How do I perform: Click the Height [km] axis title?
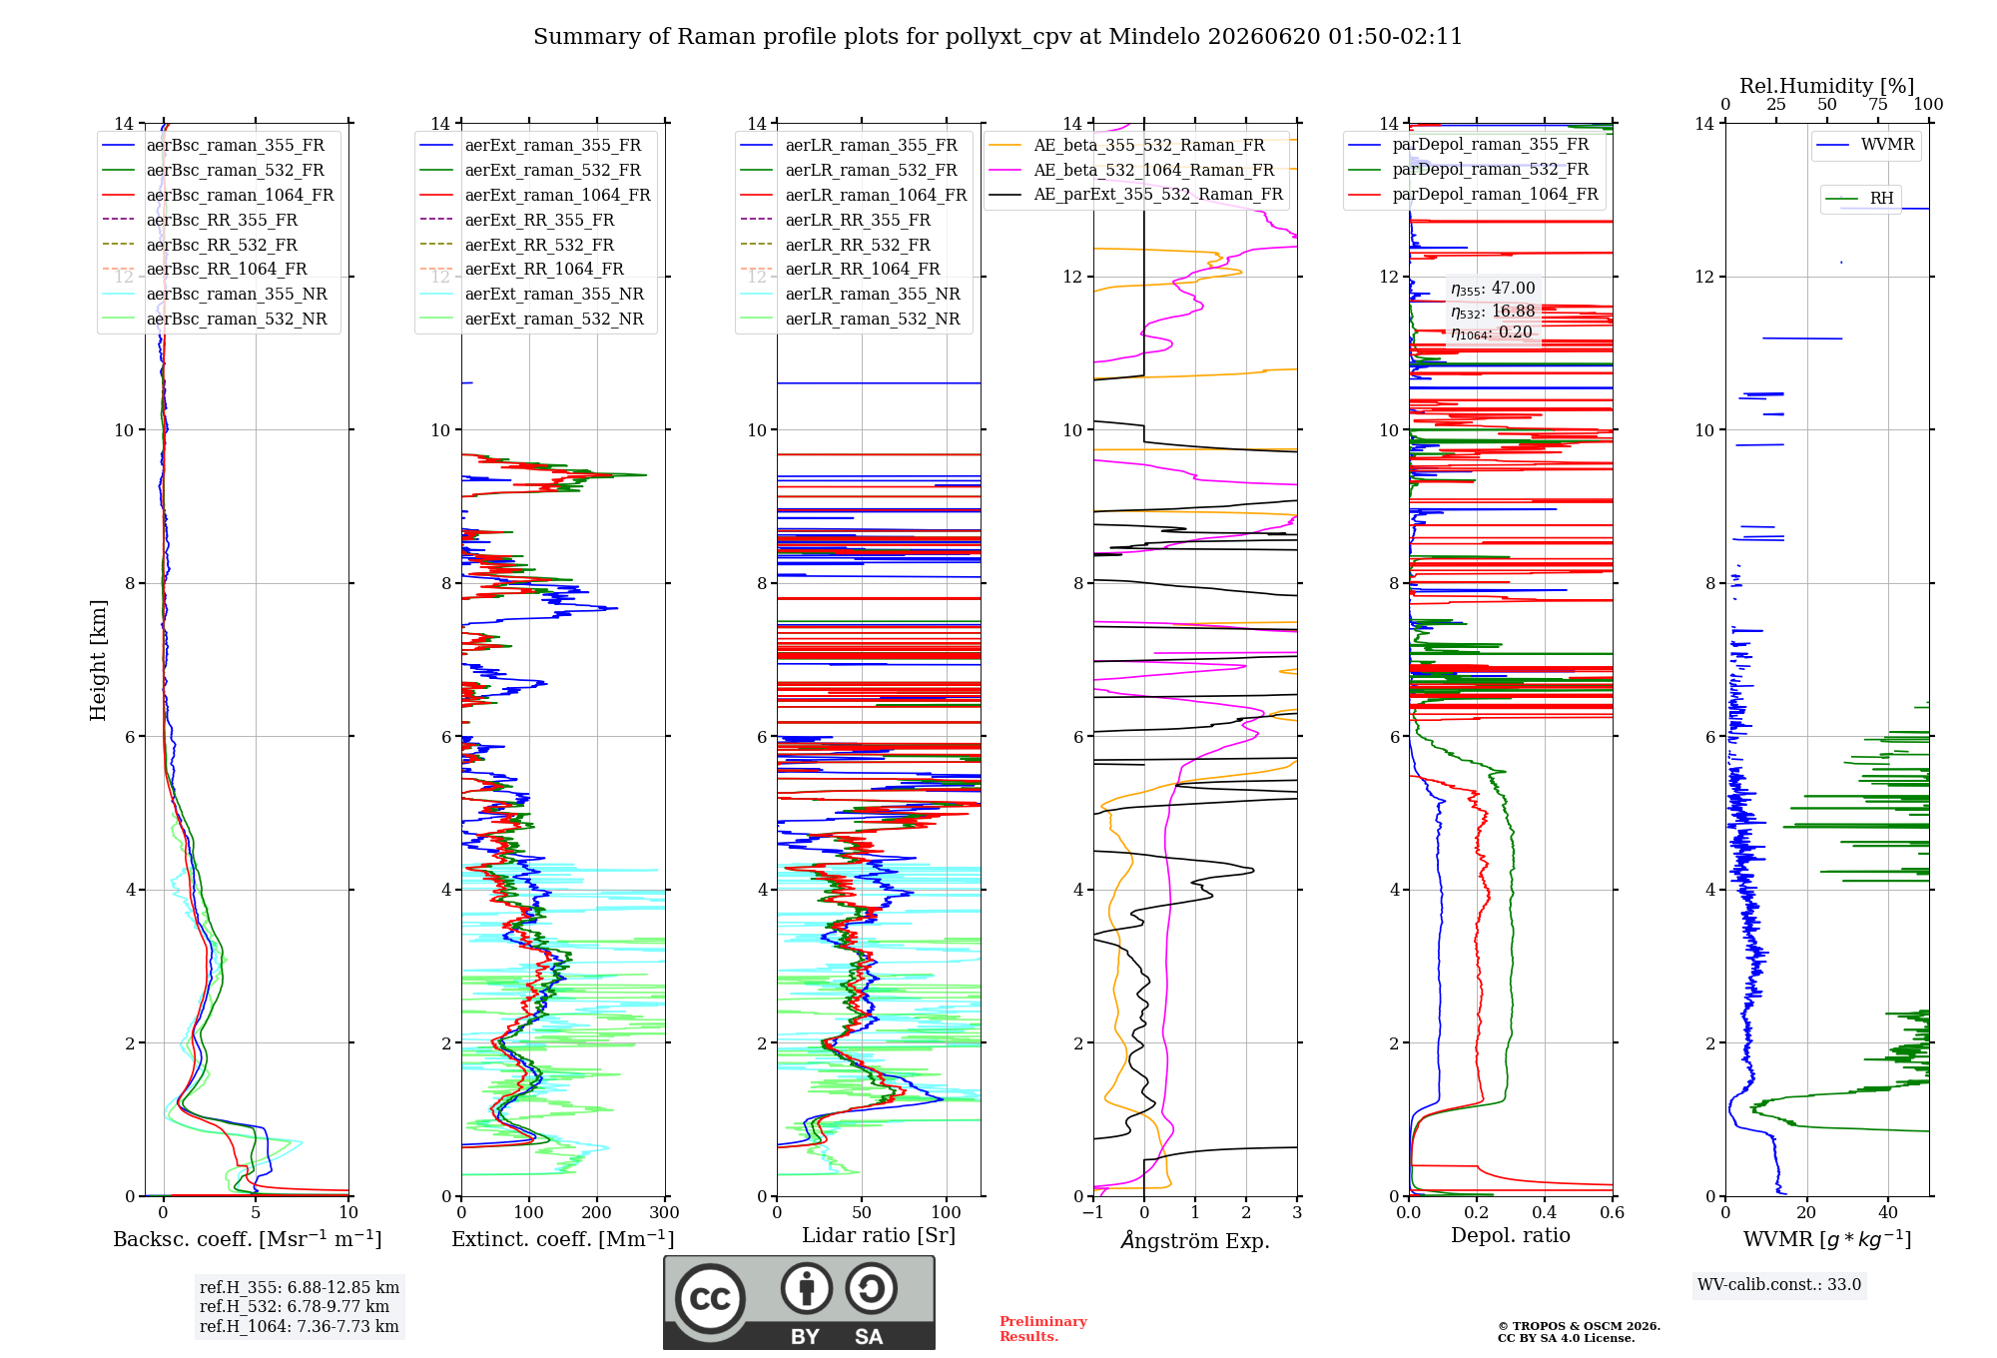(98, 660)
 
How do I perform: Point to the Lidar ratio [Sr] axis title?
(879, 1235)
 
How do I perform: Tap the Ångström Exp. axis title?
(1195, 1240)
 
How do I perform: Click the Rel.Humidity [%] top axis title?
(1827, 86)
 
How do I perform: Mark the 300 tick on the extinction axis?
(664, 1212)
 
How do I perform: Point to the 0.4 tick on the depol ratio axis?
(1545, 1212)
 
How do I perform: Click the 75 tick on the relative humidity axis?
(1878, 104)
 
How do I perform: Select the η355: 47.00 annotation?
(1493, 289)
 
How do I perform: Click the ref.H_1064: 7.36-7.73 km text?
(300, 1326)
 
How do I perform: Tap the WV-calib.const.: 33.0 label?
(1779, 1284)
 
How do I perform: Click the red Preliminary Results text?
(1043, 1329)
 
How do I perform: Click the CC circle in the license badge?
(710, 1298)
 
